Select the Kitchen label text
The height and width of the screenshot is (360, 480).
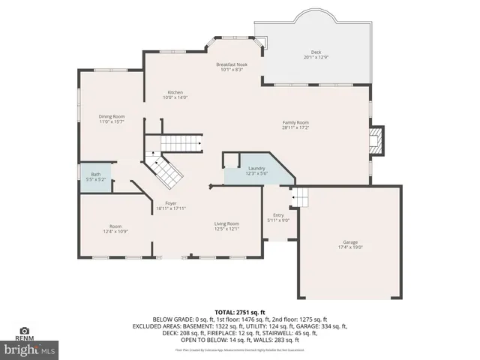pos(175,92)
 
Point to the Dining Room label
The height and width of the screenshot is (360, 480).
pos(112,116)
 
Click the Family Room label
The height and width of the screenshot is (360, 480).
pos(295,122)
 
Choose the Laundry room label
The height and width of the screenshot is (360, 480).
pos(256,169)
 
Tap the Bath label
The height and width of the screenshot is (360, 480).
pos(95,175)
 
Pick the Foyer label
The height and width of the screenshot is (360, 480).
pos(171,203)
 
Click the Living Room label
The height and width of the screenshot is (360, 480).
pos(226,223)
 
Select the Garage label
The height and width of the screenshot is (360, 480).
pos(350,241)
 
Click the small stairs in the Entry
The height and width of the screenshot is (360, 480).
pos(299,197)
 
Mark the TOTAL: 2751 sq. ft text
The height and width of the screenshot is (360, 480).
pos(240,311)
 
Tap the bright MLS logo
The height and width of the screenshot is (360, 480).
pos(30,349)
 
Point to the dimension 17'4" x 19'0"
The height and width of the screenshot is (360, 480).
pos(350,247)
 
